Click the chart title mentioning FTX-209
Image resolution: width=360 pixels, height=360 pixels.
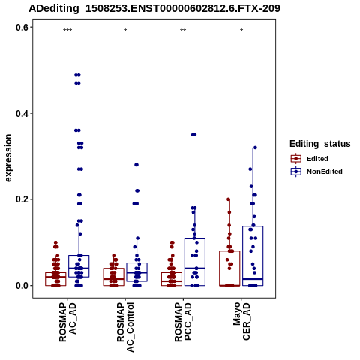tap(154, 9)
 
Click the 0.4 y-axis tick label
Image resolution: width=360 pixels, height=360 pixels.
tap(22, 113)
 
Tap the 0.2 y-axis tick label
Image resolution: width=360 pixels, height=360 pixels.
tap(22, 199)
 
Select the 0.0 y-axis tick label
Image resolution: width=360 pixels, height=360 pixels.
tap(22, 286)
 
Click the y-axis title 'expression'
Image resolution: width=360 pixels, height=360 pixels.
tap(8, 158)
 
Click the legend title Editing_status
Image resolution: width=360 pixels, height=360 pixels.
tap(320, 144)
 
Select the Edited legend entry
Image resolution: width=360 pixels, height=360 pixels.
tap(310, 159)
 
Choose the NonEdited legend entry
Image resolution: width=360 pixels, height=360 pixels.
tap(316, 172)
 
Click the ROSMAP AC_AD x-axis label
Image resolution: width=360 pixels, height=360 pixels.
tap(67, 322)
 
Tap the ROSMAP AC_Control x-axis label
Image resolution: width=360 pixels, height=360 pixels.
tap(125, 327)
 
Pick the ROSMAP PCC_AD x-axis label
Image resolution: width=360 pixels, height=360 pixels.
tap(183, 322)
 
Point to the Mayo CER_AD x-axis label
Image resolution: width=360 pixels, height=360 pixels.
tap(241, 321)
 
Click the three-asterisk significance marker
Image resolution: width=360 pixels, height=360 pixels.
tap(67, 31)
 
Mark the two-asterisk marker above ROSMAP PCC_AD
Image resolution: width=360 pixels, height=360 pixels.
tap(183, 31)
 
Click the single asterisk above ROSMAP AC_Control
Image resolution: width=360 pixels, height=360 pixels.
tap(125, 31)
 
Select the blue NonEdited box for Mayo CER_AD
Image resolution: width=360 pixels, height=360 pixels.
tap(253, 226)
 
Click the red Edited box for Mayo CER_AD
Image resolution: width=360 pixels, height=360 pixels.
tap(229, 251)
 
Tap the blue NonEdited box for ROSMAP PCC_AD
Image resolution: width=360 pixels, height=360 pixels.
tap(195, 238)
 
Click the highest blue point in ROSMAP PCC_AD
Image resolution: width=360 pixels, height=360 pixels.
tap(194, 135)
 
